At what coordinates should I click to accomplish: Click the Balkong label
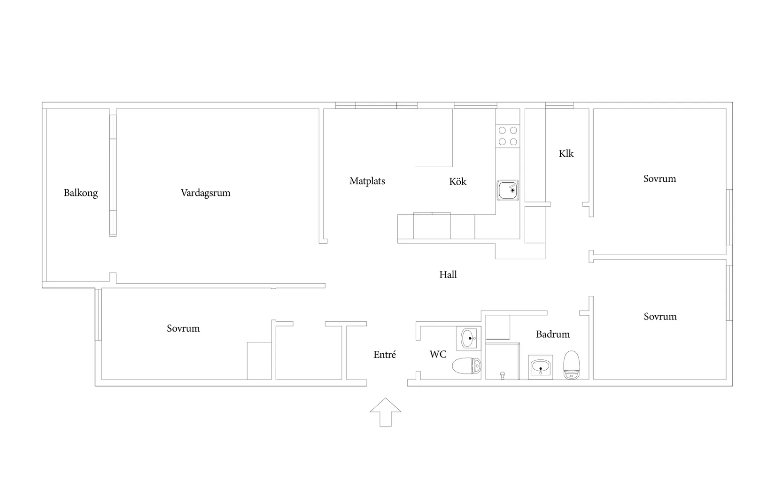(x=81, y=193)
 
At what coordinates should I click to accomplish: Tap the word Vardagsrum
(x=206, y=193)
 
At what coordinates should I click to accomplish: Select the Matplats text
(x=367, y=181)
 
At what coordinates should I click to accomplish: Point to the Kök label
(x=458, y=181)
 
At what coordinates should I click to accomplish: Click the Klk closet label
(x=566, y=153)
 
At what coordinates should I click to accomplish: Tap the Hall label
(x=448, y=274)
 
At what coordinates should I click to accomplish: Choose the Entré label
(x=385, y=354)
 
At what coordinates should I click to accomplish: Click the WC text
(x=438, y=354)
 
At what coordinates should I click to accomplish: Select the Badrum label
(x=553, y=334)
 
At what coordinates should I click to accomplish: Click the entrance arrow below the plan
(x=386, y=412)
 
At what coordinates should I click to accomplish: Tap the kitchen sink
(x=508, y=190)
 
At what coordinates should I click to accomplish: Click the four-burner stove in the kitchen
(x=508, y=136)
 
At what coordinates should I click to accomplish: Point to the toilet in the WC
(x=467, y=366)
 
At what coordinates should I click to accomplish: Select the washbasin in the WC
(x=469, y=338)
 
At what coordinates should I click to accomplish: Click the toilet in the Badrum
(x=572, y=365)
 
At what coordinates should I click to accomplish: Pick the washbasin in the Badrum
(x=541, y=367)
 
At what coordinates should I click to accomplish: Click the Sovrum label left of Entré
(x=183, y=328)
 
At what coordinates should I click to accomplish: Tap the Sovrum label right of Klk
(x=660, y=179)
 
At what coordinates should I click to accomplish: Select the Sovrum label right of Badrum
(x=660, y=317)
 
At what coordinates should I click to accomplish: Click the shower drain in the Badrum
(x=503, y=375)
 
